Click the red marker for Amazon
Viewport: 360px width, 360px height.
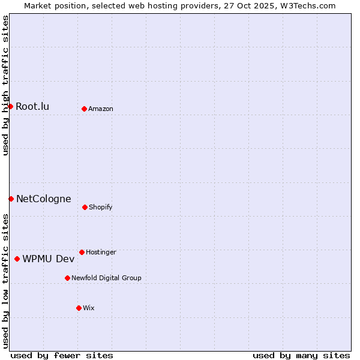tap(84, 109)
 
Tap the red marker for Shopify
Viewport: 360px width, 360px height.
tap(85, 207)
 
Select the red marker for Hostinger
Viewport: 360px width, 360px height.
tap(82, 252)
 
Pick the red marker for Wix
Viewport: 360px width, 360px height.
tap(79, 308)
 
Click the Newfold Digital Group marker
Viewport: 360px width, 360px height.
tap(67, 278)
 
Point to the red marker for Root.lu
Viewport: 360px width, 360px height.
tap(10, 106)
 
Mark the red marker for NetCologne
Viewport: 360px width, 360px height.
tap(11, 199)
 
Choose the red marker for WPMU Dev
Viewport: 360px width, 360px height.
tap(17, 259)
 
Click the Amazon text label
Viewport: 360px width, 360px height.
tap(101, 109)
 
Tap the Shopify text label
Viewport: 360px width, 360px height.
tap(101, 208)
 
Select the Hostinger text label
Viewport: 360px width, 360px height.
tap(101, 253)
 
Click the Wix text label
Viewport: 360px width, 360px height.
tap(89, 308)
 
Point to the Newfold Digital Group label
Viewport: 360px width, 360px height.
tap(106, 278)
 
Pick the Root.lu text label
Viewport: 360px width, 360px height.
tap(32, 107)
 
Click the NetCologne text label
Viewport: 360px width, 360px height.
tap(43, 199)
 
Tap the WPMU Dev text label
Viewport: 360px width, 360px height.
tap(49, 259)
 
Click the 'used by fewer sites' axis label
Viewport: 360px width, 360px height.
tap(62, 355)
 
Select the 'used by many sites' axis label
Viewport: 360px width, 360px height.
tap(301, 355)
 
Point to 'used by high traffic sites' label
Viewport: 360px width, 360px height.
tap(5, 85)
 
